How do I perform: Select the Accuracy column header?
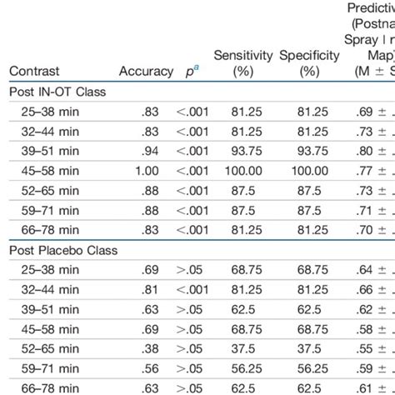click(x=146, y=72)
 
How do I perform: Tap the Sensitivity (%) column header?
click(x=243, y=63)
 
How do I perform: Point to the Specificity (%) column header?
click(x=309, y=63)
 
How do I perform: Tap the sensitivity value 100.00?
click(x=243, y=171)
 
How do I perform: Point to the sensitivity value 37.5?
click(x=243, y=347)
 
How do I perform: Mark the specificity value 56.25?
click(x=309, y=367)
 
